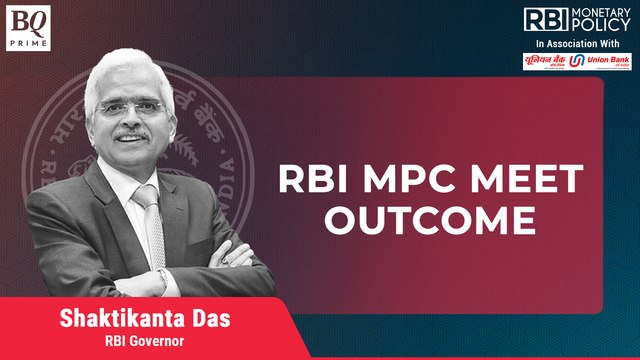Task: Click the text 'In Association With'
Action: coord(580,45)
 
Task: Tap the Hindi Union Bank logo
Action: coord(546,62)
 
